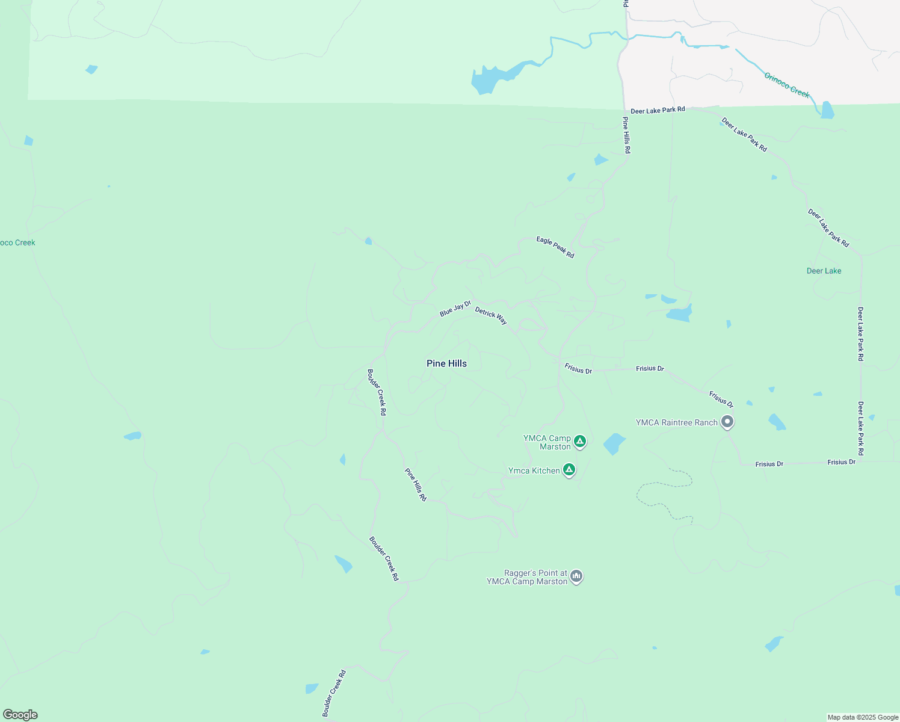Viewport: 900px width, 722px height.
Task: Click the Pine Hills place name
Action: (446, 363)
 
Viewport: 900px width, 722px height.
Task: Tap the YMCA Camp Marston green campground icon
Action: (580, 442)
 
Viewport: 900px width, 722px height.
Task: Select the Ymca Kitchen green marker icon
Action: (569, 470)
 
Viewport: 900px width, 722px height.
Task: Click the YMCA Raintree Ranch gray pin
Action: (727, 422)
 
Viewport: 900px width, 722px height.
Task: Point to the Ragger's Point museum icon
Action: (576, 577)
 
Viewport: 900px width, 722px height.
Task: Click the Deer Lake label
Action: (824, 271)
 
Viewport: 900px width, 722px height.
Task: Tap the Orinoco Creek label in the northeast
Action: (787, 85)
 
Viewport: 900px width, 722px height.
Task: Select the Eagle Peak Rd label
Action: (555, 247)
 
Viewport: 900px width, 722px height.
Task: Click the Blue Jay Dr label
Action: (455, 309)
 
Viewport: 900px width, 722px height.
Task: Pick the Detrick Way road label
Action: (491, 315)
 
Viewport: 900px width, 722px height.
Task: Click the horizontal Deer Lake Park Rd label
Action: (658, 110)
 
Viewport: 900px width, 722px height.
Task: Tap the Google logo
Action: (20, 715)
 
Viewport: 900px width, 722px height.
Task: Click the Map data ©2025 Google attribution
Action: (863, 717)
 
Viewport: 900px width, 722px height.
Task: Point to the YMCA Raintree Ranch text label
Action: (676, 422)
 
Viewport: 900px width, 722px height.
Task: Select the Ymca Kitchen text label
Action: (534, 471)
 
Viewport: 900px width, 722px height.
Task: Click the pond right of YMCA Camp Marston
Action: (614, 443)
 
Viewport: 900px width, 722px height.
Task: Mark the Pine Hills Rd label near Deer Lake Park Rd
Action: (626, 135)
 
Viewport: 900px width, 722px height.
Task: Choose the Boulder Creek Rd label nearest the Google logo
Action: (334, 693)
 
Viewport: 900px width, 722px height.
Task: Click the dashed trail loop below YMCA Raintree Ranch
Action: (665, 490)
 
